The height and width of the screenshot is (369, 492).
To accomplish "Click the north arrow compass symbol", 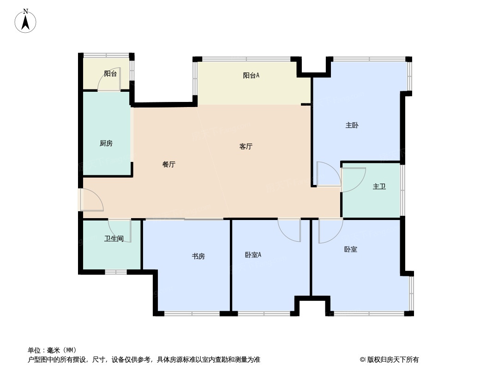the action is point(25,21).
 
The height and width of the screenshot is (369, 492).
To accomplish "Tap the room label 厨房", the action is point(106,143).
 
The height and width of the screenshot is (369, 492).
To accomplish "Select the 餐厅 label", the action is point(169,164).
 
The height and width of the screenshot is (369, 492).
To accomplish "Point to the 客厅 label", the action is point(246,146).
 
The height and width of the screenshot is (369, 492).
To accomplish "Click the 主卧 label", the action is point(352,125).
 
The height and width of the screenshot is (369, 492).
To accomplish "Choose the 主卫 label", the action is point(379,186).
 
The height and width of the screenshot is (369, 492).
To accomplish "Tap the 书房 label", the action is point(198,256).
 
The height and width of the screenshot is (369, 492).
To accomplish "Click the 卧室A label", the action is point(253,255).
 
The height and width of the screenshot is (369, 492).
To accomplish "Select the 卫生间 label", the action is point(114,238).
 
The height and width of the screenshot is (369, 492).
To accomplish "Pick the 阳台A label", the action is point(251,75).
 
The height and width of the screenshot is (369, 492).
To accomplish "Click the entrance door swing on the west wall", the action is point(92,200).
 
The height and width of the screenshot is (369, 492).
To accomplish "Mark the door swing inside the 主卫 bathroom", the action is point(354,180).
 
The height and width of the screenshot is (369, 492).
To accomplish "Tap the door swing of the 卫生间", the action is point(120,231).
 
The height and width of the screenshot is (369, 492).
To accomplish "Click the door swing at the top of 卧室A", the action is point(289,230).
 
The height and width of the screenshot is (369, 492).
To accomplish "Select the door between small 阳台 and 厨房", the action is point(109,79).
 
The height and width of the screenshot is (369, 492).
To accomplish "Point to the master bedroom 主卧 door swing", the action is point(329,174).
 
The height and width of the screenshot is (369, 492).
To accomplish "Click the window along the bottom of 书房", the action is point(192,313).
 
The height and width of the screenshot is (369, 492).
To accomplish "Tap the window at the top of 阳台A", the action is point(246,59).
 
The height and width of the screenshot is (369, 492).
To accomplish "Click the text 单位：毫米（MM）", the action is point(52,350).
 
